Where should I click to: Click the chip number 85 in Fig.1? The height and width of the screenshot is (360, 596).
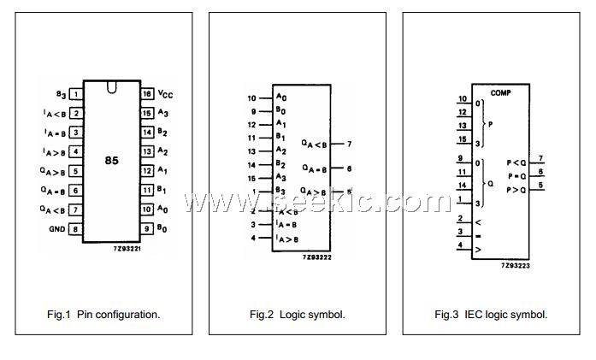click(x=112, y=161)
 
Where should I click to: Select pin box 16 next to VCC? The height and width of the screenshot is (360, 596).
click(x=147, y=93)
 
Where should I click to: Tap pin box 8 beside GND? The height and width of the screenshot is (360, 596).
click(x=76, y=229)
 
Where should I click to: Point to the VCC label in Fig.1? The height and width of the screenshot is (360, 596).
click(x=168, y=94)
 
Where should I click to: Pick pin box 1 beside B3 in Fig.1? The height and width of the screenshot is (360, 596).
click(x=76, y=94)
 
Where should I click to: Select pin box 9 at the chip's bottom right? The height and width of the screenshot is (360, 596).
click(x=147, y=229)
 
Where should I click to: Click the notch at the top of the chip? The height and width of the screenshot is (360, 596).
click(x=111, y=86)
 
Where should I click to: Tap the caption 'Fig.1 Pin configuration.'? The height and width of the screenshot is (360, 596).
click(x=103, y=315)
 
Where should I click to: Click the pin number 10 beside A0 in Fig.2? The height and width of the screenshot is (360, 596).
click(x=252, y=97)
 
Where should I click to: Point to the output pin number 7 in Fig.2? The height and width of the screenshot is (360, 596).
click(x=350, y=144)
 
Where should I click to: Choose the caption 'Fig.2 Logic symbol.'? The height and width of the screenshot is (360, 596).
click(x=298, y=315)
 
